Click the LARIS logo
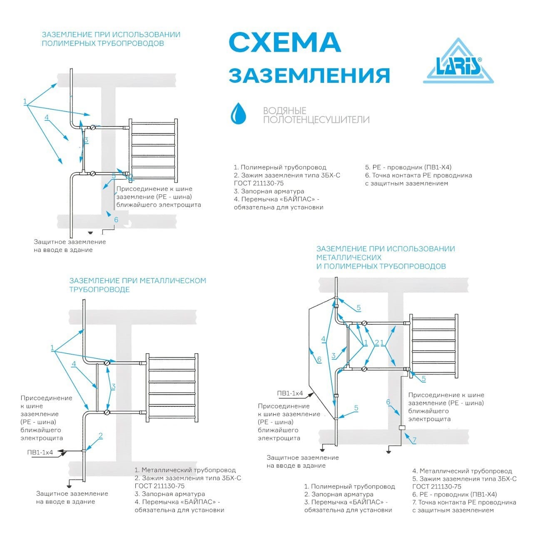(458, 62)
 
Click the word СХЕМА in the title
(285, 42)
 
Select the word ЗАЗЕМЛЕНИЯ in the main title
(309, 75)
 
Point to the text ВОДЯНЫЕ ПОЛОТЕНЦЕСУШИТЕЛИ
(316, 115)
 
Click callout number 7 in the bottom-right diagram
(414, 440)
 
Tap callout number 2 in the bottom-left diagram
(100, 436)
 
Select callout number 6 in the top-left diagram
(116, 219)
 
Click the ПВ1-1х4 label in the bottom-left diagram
(40, 453)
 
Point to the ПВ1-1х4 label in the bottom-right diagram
(290, 394)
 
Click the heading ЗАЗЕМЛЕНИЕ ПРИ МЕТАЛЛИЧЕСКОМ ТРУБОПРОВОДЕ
(137, 285)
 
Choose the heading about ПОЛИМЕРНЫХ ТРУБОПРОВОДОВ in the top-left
(111, 39)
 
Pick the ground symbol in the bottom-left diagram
(70, 485)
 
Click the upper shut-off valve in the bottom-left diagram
(107, 363)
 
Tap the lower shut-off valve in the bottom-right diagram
(364, 369)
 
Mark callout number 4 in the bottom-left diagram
(74, 364)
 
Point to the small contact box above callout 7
(402, 428)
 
